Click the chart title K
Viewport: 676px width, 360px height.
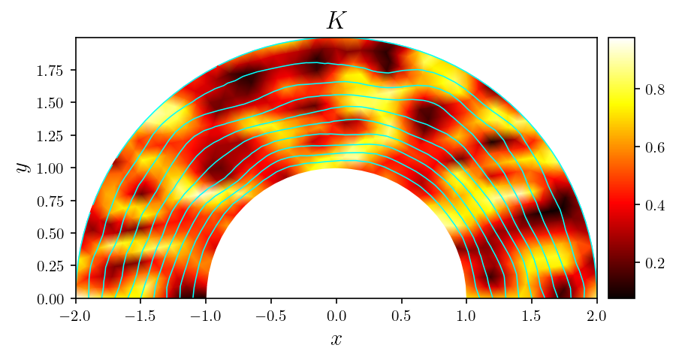336,21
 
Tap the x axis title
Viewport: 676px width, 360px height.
336,339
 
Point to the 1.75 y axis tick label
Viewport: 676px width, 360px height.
53,70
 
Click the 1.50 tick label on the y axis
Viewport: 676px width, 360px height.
53,103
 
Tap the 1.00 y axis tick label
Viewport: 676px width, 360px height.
53,168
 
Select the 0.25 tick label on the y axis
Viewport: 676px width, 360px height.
53,266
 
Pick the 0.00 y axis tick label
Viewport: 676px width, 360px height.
53,299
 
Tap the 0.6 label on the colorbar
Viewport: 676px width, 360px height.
653,147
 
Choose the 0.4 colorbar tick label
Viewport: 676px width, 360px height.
653,205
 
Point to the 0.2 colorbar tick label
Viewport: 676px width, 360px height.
653,263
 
